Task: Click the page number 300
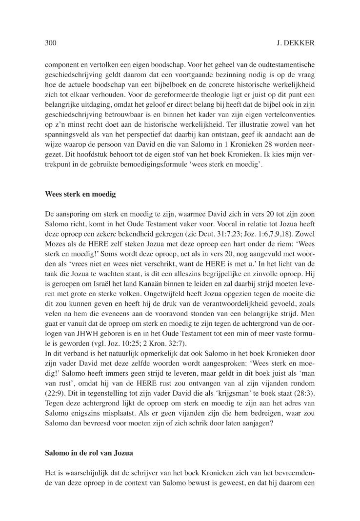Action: tap(50, 43)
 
